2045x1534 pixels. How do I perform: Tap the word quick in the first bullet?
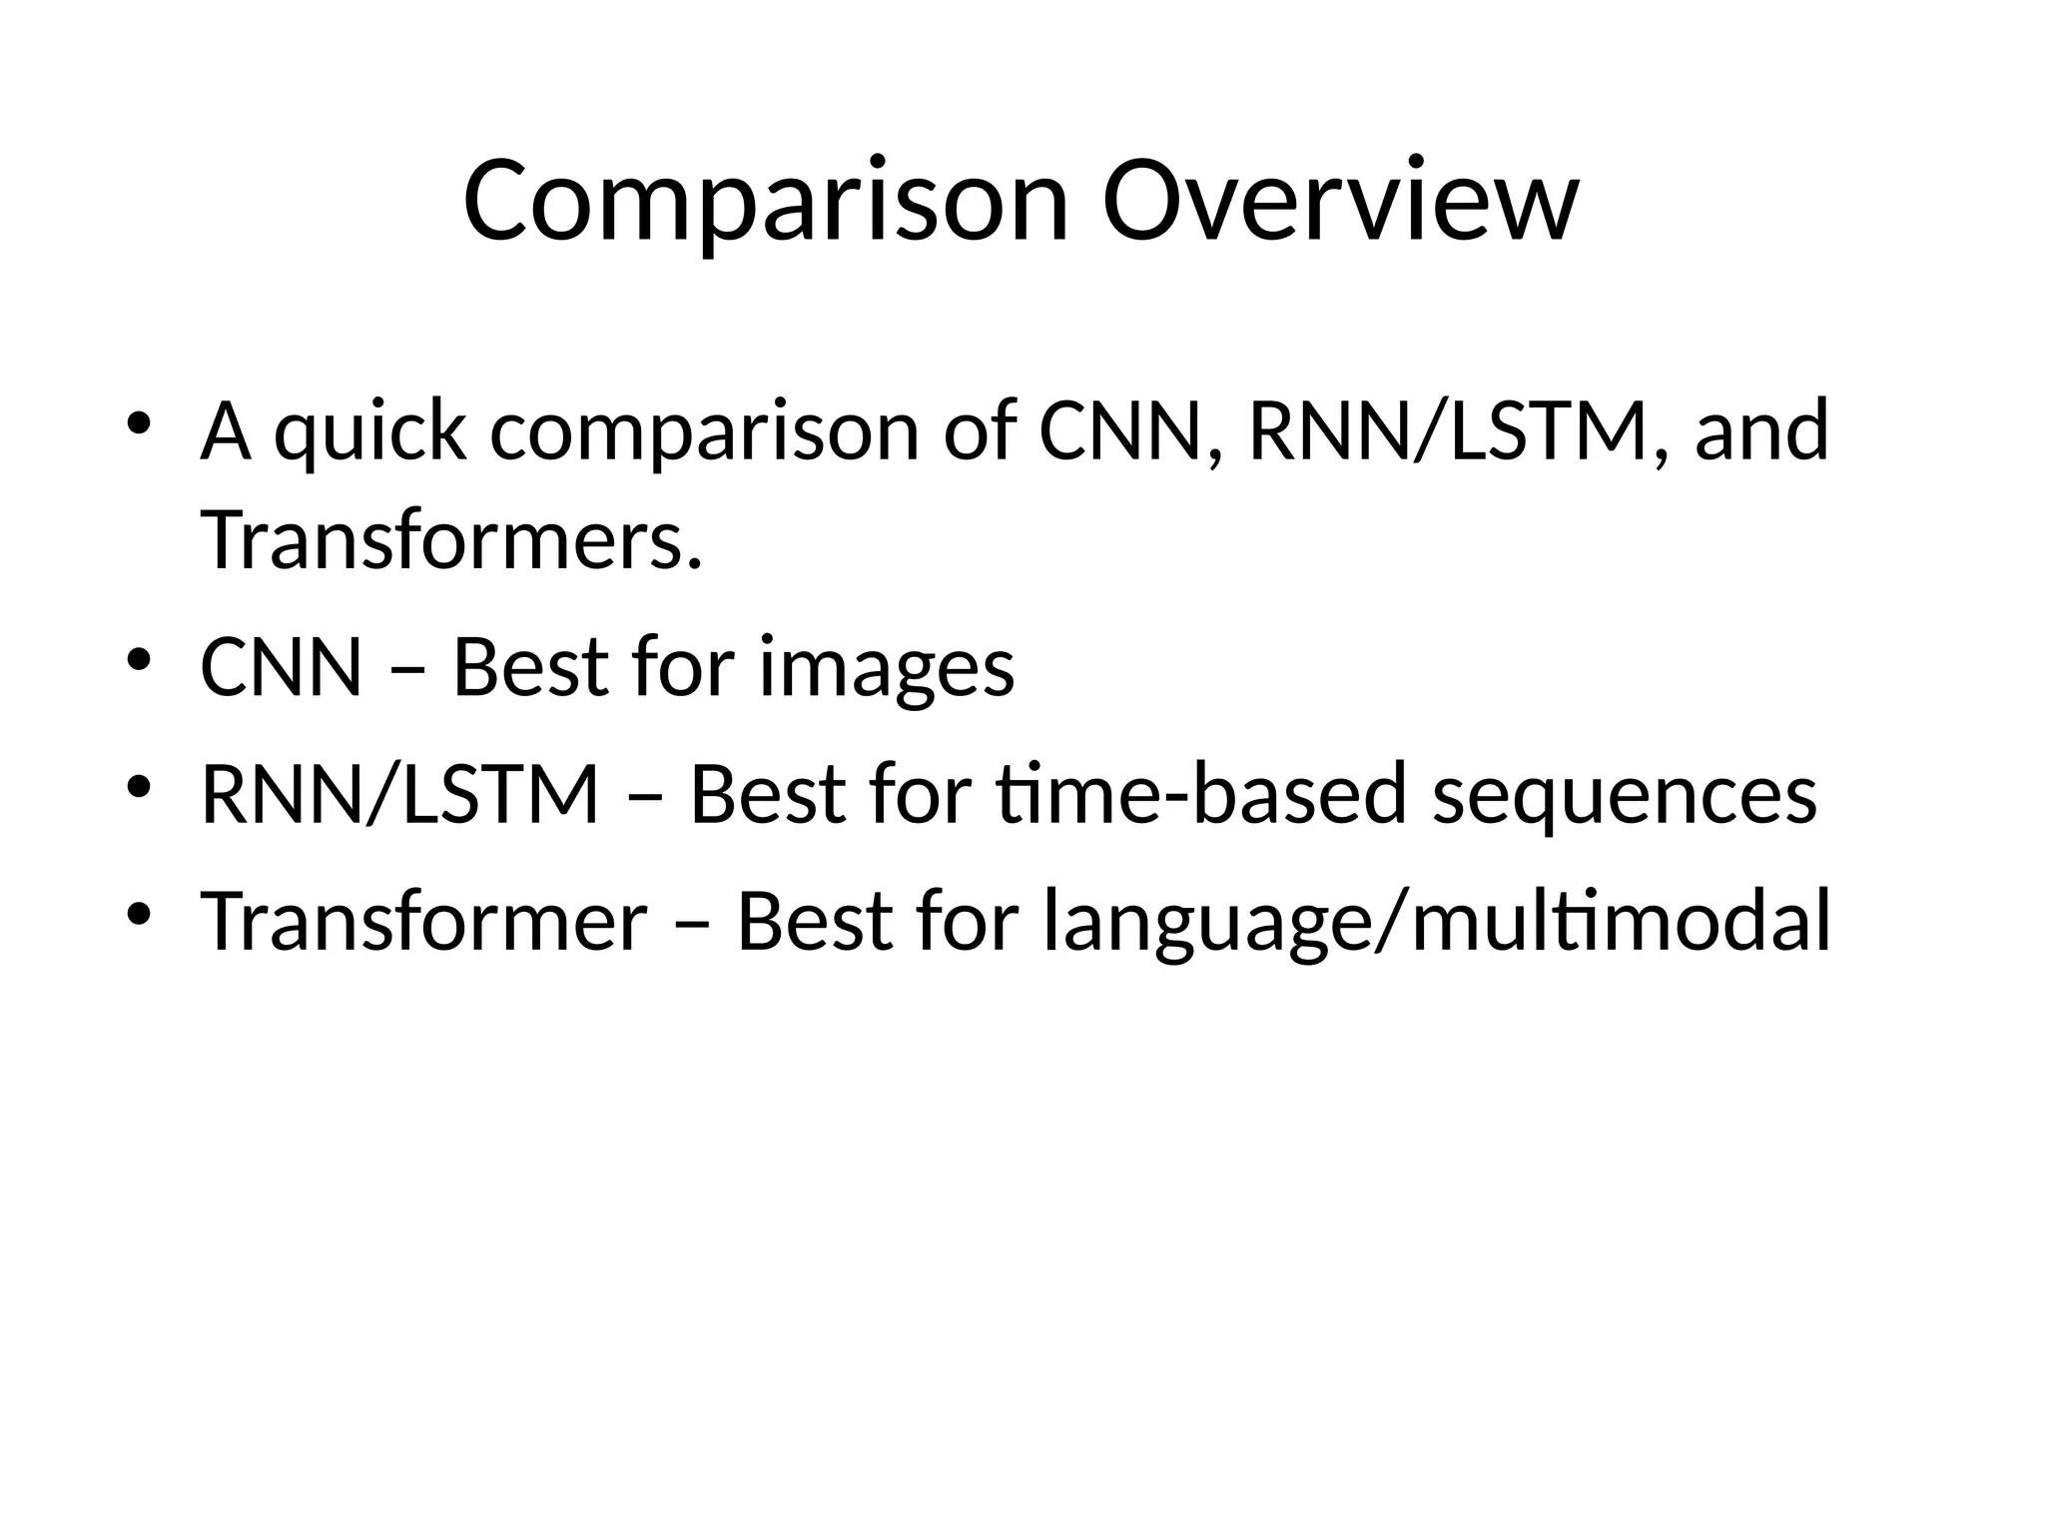click(x=369, y=431)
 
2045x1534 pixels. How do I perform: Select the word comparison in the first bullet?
click(x=704, y=431)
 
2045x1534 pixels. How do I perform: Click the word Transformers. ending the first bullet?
click(x=451, y=539)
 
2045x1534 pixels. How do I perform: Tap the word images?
click(x=887, y=667)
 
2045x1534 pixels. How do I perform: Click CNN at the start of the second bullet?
click(x=281, y=667)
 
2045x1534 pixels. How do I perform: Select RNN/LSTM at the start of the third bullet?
click(x=399, y=794)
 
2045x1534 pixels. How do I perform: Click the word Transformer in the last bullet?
click(x=424, y=921)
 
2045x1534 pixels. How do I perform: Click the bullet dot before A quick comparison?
click(x=138, y=422)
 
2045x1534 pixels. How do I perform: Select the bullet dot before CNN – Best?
click(x=138, y=659)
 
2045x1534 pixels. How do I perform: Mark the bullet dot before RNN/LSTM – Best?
click(x=138, y=786)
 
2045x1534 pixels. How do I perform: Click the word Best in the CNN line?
click(x=530, y=667)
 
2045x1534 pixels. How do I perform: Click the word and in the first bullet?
click(x=1761, y=431)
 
